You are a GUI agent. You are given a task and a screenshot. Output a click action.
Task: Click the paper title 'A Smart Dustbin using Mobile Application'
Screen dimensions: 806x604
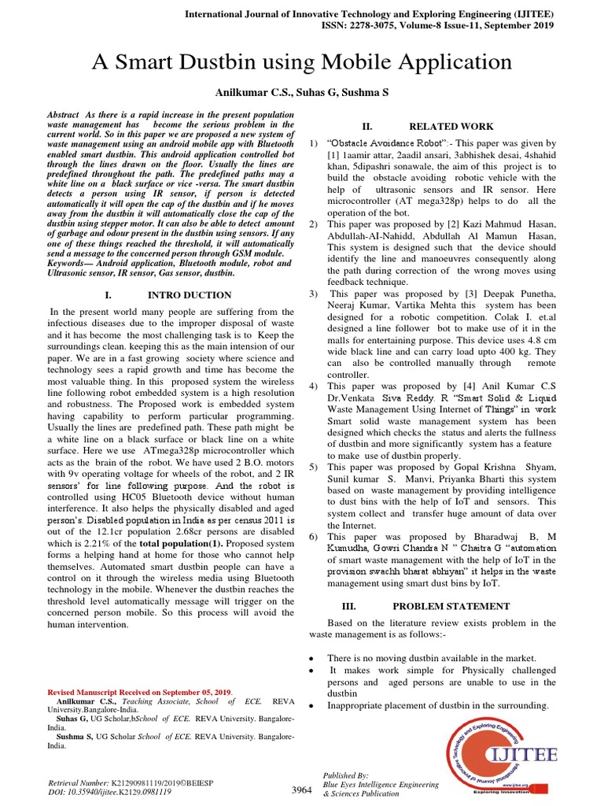[302, 62]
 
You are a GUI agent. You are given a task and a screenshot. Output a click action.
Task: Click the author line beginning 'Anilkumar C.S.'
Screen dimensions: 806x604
[302, 92]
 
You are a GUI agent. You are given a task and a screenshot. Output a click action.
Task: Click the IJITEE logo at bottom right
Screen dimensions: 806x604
[500, 756]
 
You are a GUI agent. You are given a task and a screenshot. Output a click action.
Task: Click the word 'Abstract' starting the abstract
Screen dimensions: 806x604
[66, 114]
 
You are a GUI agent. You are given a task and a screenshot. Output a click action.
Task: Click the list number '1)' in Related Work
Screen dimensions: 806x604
[312, 143]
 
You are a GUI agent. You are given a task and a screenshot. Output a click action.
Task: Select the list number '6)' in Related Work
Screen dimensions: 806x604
[312, 535]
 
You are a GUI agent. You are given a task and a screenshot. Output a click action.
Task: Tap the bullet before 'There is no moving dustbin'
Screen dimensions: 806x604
[313, 658]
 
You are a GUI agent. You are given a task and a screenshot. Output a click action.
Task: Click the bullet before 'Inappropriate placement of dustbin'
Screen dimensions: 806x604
[313, 706]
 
